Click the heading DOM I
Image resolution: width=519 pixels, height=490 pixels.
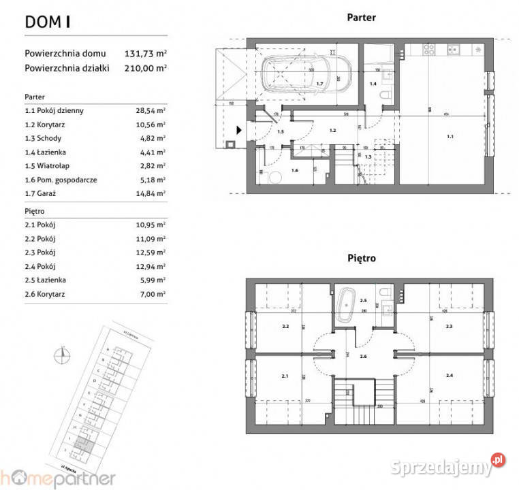[48, 21]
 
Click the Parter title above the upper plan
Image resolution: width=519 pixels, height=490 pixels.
[361, 18]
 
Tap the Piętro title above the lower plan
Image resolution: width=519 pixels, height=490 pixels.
[361, 259]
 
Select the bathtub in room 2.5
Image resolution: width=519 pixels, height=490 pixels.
[347, 301]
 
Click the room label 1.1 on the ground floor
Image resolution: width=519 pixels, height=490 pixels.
[450, 137]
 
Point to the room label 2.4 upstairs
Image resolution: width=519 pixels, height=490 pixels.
[450, 376]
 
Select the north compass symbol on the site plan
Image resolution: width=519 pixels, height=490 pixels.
[62, 353]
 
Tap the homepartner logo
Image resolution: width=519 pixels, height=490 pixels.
[58, 478]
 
